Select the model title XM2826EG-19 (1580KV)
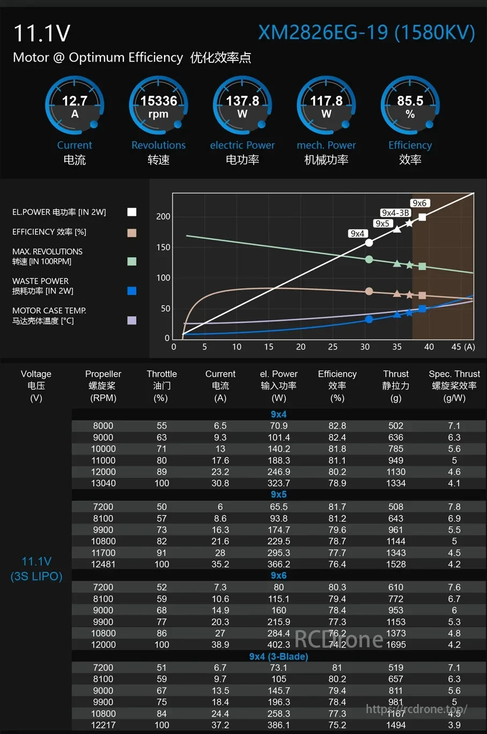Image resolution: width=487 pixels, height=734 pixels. pos(366,33)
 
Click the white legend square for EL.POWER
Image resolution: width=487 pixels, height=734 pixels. pos(131,212)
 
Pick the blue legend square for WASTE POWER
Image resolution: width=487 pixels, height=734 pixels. pos(131,291)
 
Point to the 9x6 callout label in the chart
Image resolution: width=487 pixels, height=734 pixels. pos(419,203)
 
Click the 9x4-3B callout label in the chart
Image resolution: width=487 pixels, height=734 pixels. pos(395,213)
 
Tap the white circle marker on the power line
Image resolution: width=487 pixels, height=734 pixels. pos(369,243)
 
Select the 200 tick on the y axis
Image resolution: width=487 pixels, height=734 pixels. pos(163,216)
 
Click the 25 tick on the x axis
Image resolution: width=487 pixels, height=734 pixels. pos(333,347)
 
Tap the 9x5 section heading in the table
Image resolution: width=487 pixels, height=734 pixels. pos(278,495)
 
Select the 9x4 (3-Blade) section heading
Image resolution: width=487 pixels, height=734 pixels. pos(278,656)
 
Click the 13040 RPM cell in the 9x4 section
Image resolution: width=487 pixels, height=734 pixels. pos(103,483)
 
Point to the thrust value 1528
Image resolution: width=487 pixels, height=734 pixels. pos(396,564)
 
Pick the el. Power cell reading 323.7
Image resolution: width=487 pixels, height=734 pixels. pos(278,483)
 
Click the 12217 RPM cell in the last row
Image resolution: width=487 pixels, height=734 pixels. pos(103,725)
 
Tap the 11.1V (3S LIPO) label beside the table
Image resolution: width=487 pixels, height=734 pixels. pos(36,568)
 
